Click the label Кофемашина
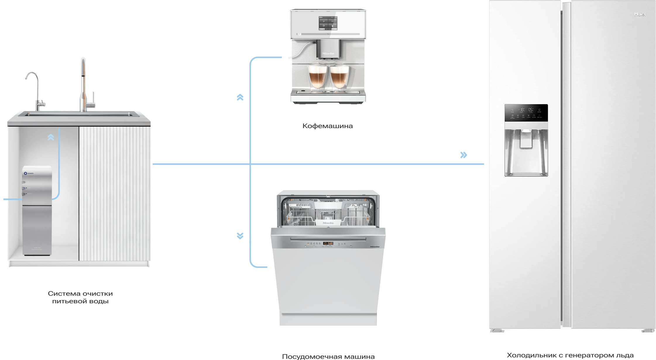[x=327, y=126]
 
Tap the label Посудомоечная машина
[x=328, y=356]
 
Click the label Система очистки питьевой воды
[x=80, y=297]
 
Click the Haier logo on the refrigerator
[x=640, y=14]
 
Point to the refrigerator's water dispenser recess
[x=526, y=152]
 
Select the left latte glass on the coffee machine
[x=317, y=77]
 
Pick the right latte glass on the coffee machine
[x=339, y=77]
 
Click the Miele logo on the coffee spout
[x=328, y=54]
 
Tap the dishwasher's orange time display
[x=328, y=243]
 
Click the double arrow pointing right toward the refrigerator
[x=463, y=155]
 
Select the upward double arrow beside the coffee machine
[x=240, y=97]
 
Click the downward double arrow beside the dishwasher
[x=240, y=236]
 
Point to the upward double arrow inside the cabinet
[x=51, y=137]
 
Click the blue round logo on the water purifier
[x=25, y=173]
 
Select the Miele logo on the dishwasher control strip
[x=375, y=247]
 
